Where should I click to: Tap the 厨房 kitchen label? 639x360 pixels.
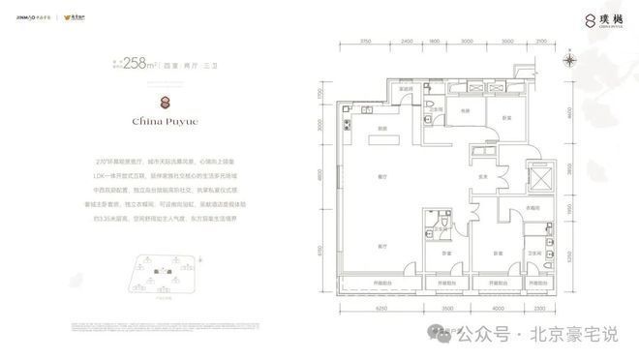[x=383, y=129]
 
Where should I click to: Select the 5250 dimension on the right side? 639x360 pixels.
[x=571, y=245]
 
